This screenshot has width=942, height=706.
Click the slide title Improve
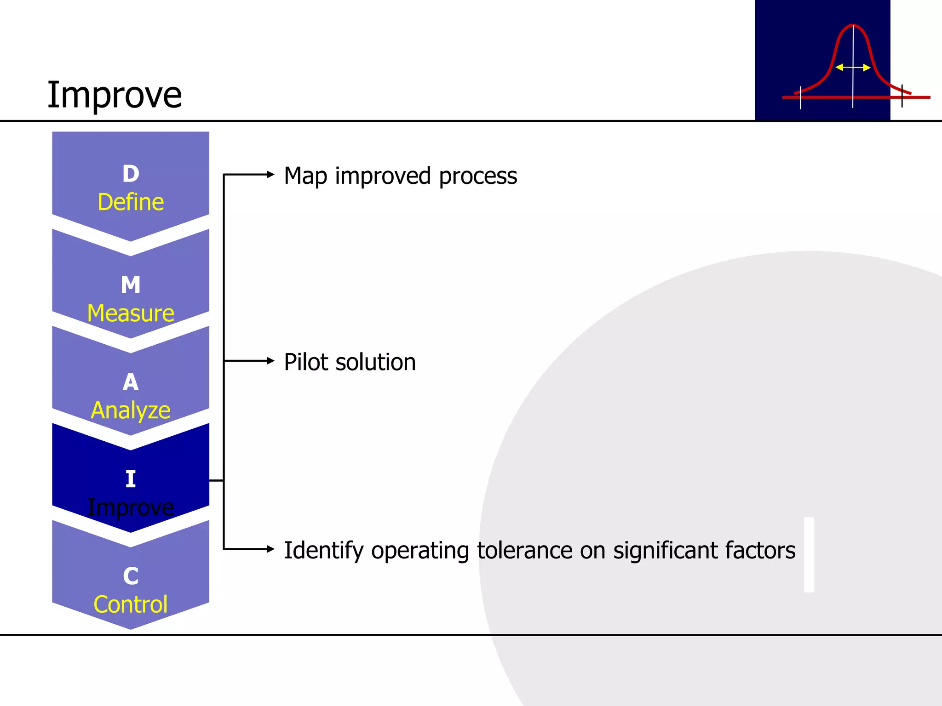[115, 95]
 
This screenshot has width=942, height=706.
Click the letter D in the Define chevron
[131, 174]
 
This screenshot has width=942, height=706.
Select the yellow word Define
[131, 202]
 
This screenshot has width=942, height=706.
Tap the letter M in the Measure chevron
[131, 285]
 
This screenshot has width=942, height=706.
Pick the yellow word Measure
[131, 313]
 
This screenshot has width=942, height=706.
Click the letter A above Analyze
[131, 382]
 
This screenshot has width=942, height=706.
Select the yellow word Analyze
[131, 410]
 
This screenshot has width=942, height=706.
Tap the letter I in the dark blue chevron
[131, 479]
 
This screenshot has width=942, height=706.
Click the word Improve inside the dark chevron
[131, 508]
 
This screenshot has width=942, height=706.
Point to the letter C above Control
[131, 576]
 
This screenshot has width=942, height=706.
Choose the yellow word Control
[131, 604]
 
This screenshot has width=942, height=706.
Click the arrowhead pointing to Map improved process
[270, 174]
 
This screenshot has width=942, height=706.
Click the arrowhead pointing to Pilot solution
[270, 361]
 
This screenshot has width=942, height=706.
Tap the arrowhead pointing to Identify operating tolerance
[270, 549]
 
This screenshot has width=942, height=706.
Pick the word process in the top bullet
[478, 177]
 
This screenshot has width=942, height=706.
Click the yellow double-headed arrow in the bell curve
[853, 68]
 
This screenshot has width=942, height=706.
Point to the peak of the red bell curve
[853, 25]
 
